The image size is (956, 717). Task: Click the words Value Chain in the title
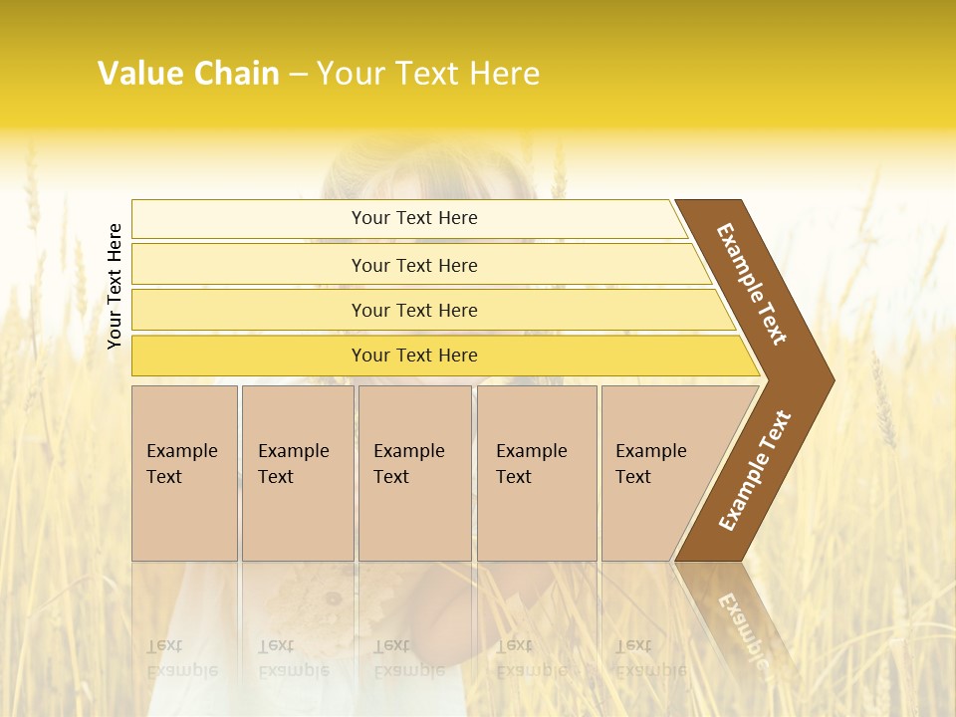tap(188, 74)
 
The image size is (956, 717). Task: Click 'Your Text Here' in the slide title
tap(428, 74)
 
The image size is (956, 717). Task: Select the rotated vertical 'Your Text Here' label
tap(115, 286)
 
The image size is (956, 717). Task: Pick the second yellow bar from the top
tap(414, 265)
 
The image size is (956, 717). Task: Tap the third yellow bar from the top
tap(414, 310)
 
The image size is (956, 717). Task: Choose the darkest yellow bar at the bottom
tap(414, 356)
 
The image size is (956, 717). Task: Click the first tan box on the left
tap(184, 473)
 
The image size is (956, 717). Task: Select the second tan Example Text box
tap(298, 473)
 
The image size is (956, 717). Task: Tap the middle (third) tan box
tap(414, 473)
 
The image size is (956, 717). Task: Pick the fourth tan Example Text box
tap(537, 473)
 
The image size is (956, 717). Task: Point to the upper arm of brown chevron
tap(753, 284)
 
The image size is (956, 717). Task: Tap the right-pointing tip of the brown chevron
tap(823, 379)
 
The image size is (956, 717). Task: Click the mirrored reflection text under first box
tap(181, 658)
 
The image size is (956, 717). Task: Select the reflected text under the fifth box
tap(650, 658)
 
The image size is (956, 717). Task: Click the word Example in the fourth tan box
tap(532, 451)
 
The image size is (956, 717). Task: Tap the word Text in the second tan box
tap(276, 477)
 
